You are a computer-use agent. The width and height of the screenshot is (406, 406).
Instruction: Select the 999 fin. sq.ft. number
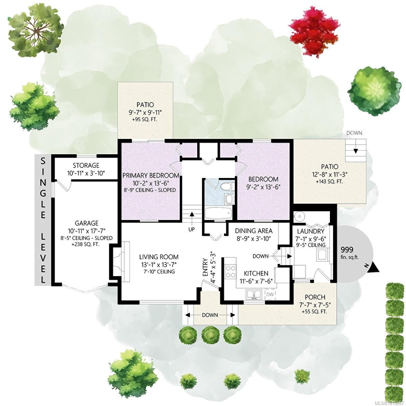(x=347, y=250)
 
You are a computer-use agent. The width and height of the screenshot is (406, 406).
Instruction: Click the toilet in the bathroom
(x=228, y=186)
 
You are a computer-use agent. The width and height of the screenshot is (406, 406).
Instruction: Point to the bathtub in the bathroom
(x=218, y=213)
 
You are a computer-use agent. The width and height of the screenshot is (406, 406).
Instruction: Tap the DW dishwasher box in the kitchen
(x=270, y=294)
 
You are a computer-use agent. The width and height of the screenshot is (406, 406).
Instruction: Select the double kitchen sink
(x=254, y=294)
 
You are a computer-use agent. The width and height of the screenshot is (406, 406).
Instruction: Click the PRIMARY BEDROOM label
(x=151, y=175)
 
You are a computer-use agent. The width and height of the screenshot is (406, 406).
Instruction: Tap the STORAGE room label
(x=86, y=165)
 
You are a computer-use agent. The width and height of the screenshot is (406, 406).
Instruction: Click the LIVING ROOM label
(x=159, y=257)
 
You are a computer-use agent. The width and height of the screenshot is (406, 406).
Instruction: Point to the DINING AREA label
(x=254, y=231)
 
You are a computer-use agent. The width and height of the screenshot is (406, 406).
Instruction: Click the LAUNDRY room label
(x=311, y=231)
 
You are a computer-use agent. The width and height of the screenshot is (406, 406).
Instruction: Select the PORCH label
(x=315, y=297)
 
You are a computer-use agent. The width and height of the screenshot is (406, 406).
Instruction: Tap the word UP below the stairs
(x=191, y=229)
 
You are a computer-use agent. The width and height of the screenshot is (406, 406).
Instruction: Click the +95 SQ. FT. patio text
(x=145, y=120)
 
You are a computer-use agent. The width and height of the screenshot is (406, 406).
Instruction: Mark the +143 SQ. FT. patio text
(x=329, y=181)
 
